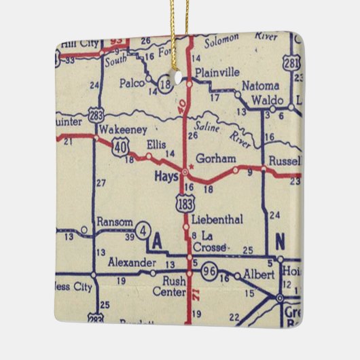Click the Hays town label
point(166,175)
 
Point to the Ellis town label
point(157,144)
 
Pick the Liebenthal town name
point(215,219)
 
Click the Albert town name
point(260,274)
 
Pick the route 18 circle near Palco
point(165,84)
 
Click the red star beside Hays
point(193,165)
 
